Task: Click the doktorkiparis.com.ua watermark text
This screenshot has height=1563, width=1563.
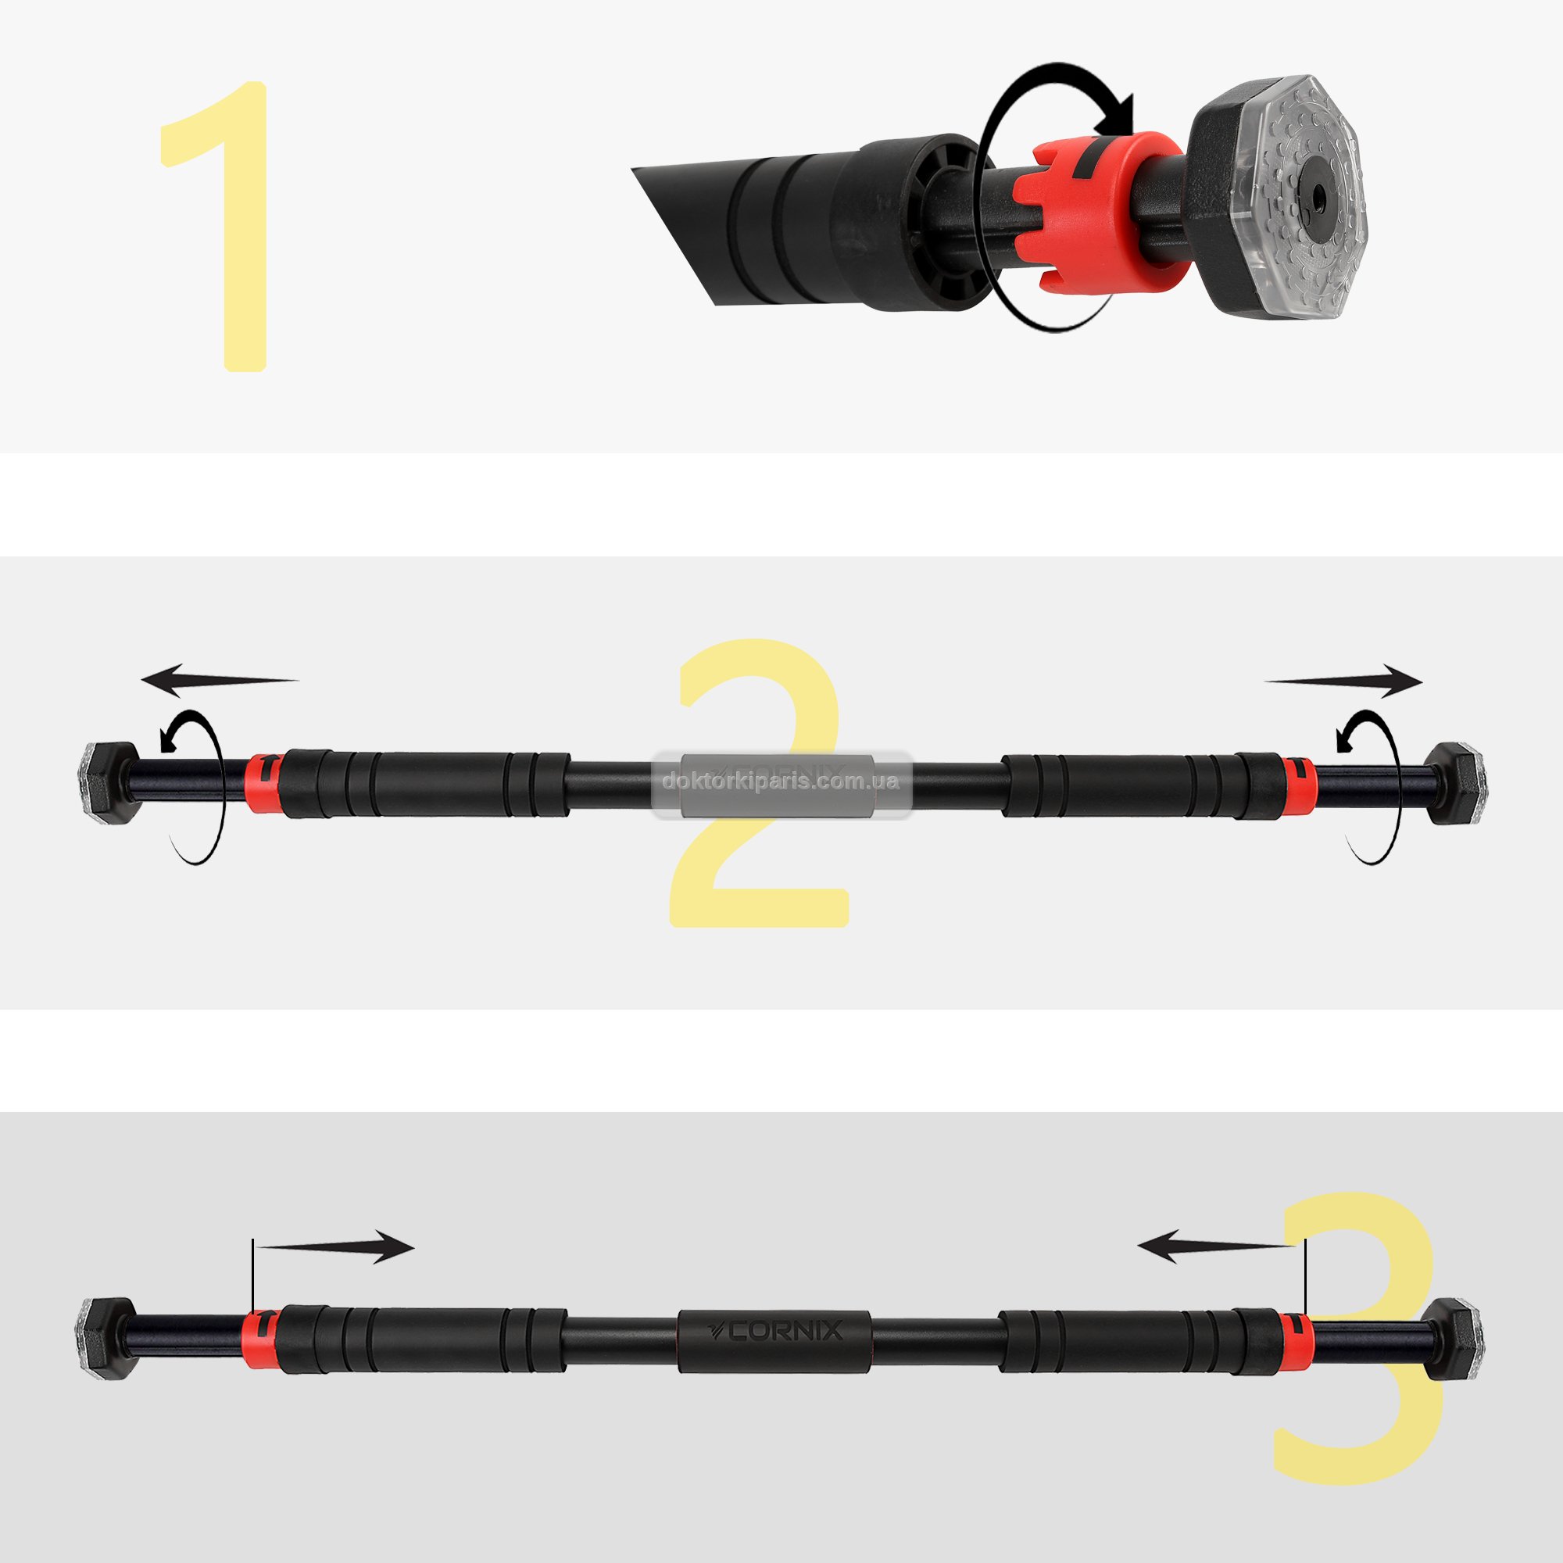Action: click(781, 781)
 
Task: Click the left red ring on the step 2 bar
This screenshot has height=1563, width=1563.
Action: click(263, 782)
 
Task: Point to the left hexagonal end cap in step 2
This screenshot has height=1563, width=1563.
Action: click(104, 782)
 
